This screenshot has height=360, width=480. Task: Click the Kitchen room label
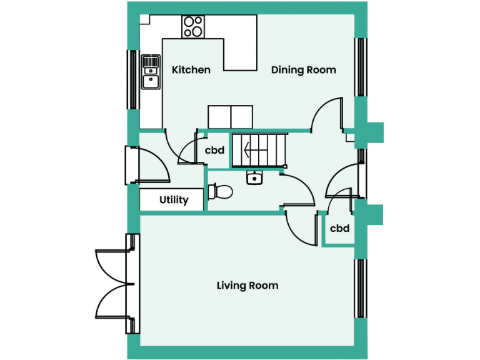coord(191,70)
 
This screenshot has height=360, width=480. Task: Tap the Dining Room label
coord(303,70)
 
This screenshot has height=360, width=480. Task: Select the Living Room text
coord(247,286)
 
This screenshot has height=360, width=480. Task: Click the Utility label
coord(173,200)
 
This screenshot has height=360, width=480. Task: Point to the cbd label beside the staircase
coord(214,150)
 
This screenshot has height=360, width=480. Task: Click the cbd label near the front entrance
coord(339,229)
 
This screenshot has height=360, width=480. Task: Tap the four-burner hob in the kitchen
coord(193,27)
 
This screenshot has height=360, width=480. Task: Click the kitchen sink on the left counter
coord(150,72)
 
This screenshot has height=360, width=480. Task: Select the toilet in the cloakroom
coord(219,191)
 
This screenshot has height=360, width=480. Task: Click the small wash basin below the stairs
coord(254,178)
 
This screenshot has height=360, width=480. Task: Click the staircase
coord(259,150)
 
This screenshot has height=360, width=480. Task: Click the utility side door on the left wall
coord(131,165)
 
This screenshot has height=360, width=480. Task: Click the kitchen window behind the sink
coord(132,79)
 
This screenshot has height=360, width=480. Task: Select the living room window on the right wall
coord(360,289)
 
